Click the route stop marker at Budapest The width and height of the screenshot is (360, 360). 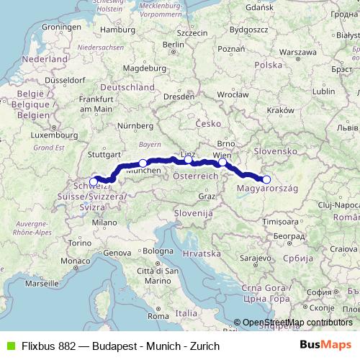pyautogui.click(x=266, y=180)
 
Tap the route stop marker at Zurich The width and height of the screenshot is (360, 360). pyautogui.click(x=94, y=181)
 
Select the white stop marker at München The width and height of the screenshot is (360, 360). pyautogui.click(x=143, y=163)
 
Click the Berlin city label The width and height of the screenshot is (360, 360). pyautogui.click(x=174, y=44)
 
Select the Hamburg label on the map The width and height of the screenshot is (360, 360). pyautogui.click(x=117, y=30)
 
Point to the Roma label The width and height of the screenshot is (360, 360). pyautogui.click(x=157, y=315)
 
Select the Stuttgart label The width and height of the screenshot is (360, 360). pyautogui.click(x=102, y=154)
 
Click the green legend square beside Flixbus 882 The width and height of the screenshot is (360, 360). pyautogui.click(x=9, y=346)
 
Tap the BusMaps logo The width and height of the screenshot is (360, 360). pyautogui.click(x=327, y=346)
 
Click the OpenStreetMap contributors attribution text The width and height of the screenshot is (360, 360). pyautogui.click(x=297, y=323)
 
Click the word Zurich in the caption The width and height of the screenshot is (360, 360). pyautogui.click(x=204, y=346)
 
